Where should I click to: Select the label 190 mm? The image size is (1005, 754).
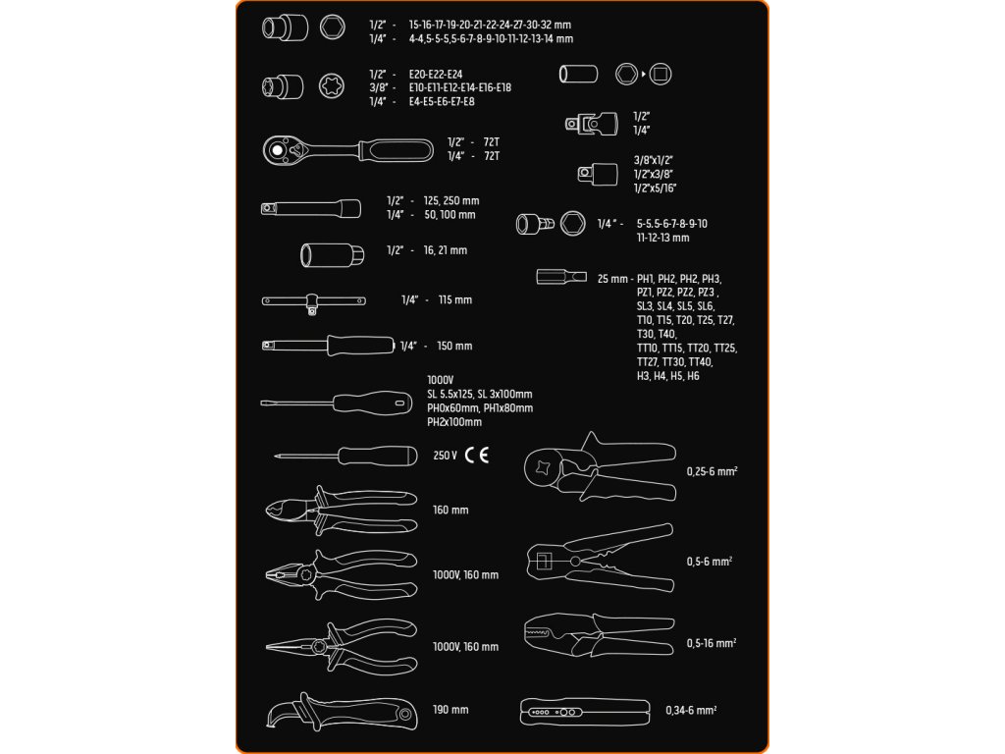coord(450,710)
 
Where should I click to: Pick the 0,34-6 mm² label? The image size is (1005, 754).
coord(691,710)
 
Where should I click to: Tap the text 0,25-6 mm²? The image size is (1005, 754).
coord(712,471)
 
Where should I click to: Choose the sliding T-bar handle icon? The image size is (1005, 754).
coord(314,301)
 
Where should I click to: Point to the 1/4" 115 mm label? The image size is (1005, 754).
coord(436,299)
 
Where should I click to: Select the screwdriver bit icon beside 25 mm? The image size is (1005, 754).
coord(561,277)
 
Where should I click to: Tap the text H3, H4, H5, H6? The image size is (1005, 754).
coord(668,376)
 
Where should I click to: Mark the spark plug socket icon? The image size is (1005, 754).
coord(333,253)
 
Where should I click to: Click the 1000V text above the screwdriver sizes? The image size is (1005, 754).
coord(440,380)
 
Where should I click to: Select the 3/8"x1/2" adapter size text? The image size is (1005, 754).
coord(653,159)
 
